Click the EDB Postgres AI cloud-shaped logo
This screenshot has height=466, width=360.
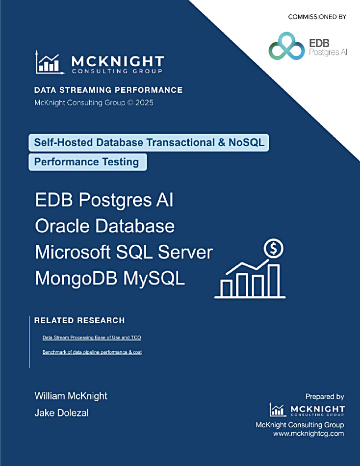pos(286,46)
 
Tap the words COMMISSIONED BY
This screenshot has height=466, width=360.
pos(317,17)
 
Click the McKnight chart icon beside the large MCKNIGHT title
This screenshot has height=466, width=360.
pos(50,62)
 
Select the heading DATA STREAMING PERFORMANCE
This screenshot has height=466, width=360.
pos(108,90)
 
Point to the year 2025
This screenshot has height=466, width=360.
pos(145,103)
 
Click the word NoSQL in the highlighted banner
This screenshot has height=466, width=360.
pos(246,142)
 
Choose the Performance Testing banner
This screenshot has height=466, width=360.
pos(88,162)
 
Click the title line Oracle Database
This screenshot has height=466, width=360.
pos(104,226)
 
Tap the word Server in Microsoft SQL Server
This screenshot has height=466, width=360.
pos(185,252)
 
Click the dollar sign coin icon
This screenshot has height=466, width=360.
pos(274,249)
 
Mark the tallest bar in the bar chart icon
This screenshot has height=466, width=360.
pos(274,281)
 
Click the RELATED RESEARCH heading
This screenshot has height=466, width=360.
pos(79,320)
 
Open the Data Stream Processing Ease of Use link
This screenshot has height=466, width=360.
pos(92,337)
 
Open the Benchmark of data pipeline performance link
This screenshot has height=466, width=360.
pos(92,352)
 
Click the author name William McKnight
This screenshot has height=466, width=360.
pos(71,396)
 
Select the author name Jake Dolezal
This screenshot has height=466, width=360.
pos(61,413)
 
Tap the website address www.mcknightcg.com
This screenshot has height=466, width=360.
pos(309,434)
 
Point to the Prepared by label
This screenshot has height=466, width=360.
pos(325,397)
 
